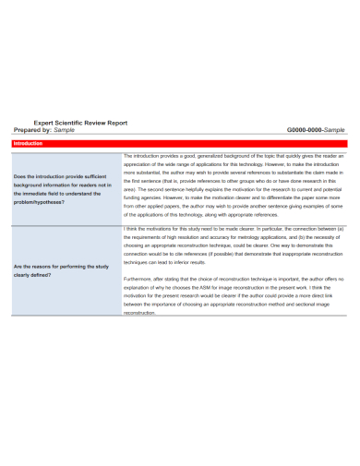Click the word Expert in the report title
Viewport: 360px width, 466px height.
pyautogui.click(x=44, y=121)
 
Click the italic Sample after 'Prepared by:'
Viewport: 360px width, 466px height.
pyautogui.click(x=65, y=129)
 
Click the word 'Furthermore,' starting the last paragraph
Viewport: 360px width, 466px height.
pyautogui.click(x=138, y=278)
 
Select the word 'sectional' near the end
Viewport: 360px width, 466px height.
pyautogui.click(x=302, y=304)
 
